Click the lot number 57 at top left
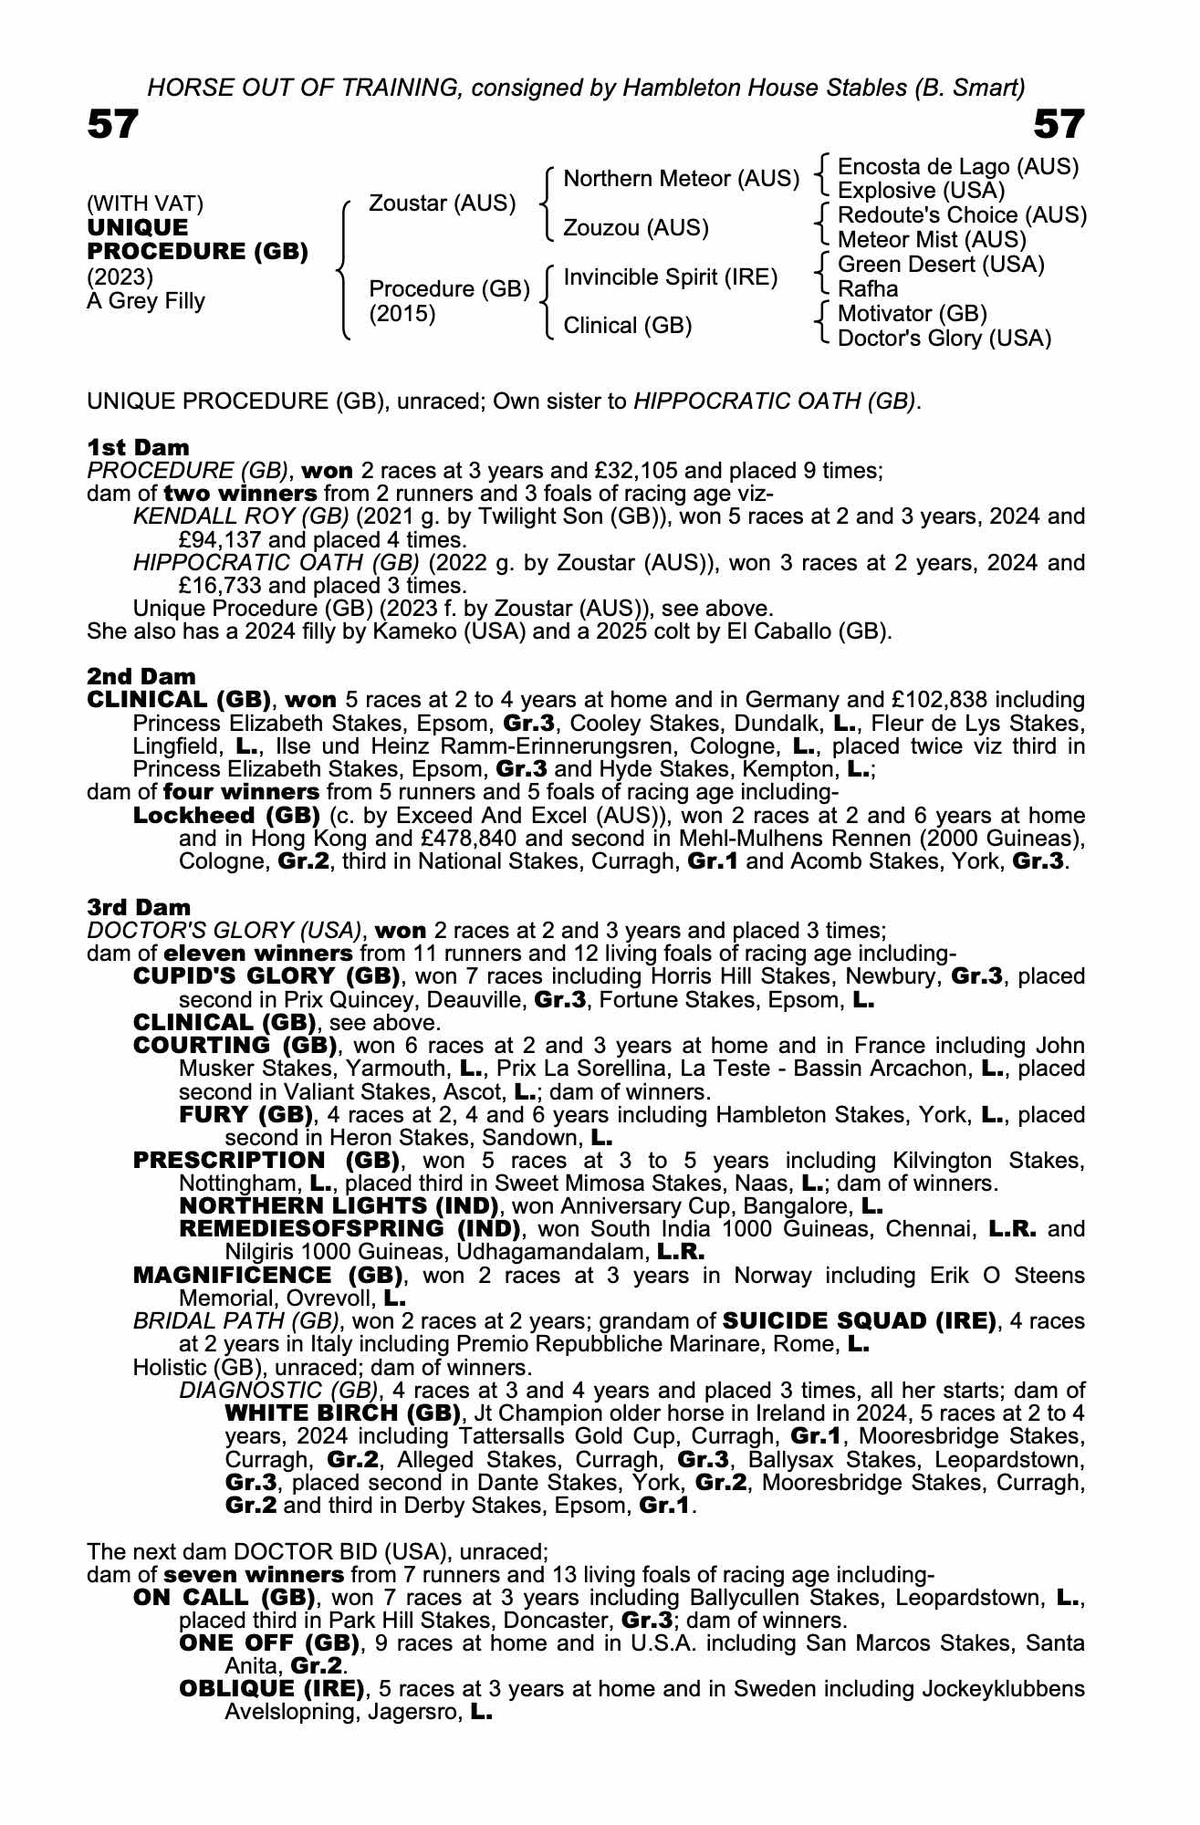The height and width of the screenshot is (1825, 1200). [x=112, y=125]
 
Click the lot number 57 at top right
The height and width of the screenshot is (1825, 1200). [x=1059, y=125]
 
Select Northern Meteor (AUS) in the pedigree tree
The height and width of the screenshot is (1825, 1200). [x=681, y=179]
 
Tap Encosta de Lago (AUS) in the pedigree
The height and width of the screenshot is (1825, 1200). [x=957, y=167]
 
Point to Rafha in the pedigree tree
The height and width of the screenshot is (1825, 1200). [x=868, y=289]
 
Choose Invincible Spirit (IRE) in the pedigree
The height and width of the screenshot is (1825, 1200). [x=670, y=277]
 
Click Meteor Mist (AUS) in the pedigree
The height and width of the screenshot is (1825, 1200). [x=932, y=240]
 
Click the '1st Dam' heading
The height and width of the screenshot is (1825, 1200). [x=139, y=447]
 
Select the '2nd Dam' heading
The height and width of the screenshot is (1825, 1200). [x=141, y=677]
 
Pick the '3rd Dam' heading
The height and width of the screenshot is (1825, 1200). [x=140, y=907]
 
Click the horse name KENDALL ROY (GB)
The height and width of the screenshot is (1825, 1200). [x=241, y=516]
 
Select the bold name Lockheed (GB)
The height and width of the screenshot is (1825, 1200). [x=226, y=815]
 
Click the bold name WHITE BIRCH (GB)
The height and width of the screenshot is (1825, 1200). [x=342, y=1413]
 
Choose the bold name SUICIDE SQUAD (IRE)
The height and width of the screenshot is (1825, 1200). [x=859, y=1321]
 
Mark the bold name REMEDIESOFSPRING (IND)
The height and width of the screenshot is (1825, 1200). [x=350, y=1228]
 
